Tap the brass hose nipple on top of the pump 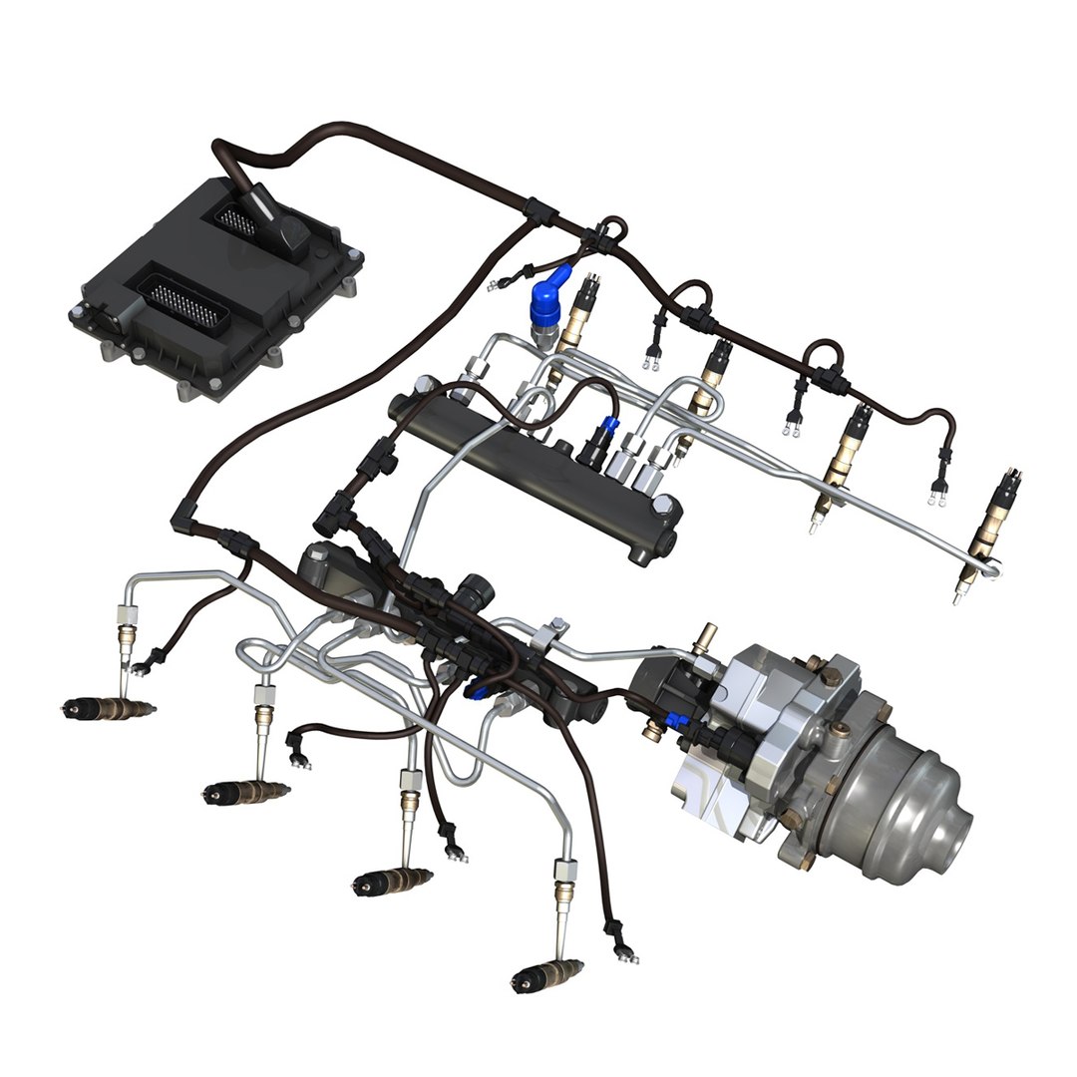(x=708, y=636)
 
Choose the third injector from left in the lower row (x=393, y=880)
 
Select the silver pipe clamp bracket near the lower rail (x=549, y=634)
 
